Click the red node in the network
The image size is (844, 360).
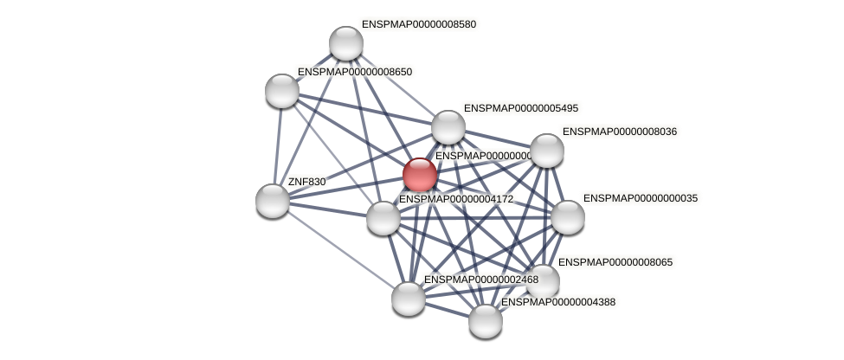[420, 174]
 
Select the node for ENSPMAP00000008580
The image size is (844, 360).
[346, 43]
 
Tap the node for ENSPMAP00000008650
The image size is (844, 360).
[282, 90]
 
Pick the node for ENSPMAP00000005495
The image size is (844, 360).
[448, 127]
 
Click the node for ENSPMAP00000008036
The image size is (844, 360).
[547, 151]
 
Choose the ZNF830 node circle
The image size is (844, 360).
[273, 201]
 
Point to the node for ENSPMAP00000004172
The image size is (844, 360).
[383, 217]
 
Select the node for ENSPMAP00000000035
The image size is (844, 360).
[568, 217]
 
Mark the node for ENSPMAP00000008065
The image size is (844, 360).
[544, 280]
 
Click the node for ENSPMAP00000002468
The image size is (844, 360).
[409, 299]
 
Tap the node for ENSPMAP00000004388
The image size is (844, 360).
[486, 321]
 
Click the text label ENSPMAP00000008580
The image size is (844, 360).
[419, 24]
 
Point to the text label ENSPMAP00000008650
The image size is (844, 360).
[355, 72]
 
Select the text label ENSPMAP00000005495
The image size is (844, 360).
[521, 108]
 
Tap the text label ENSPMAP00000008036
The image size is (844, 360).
[620, 132]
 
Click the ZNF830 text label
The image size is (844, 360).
[306, 182]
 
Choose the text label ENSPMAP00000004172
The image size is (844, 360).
[456, 199]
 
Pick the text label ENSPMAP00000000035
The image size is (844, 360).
[641, 198]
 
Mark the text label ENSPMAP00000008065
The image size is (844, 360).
[615, 261]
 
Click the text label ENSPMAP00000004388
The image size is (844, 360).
[559, 302]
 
